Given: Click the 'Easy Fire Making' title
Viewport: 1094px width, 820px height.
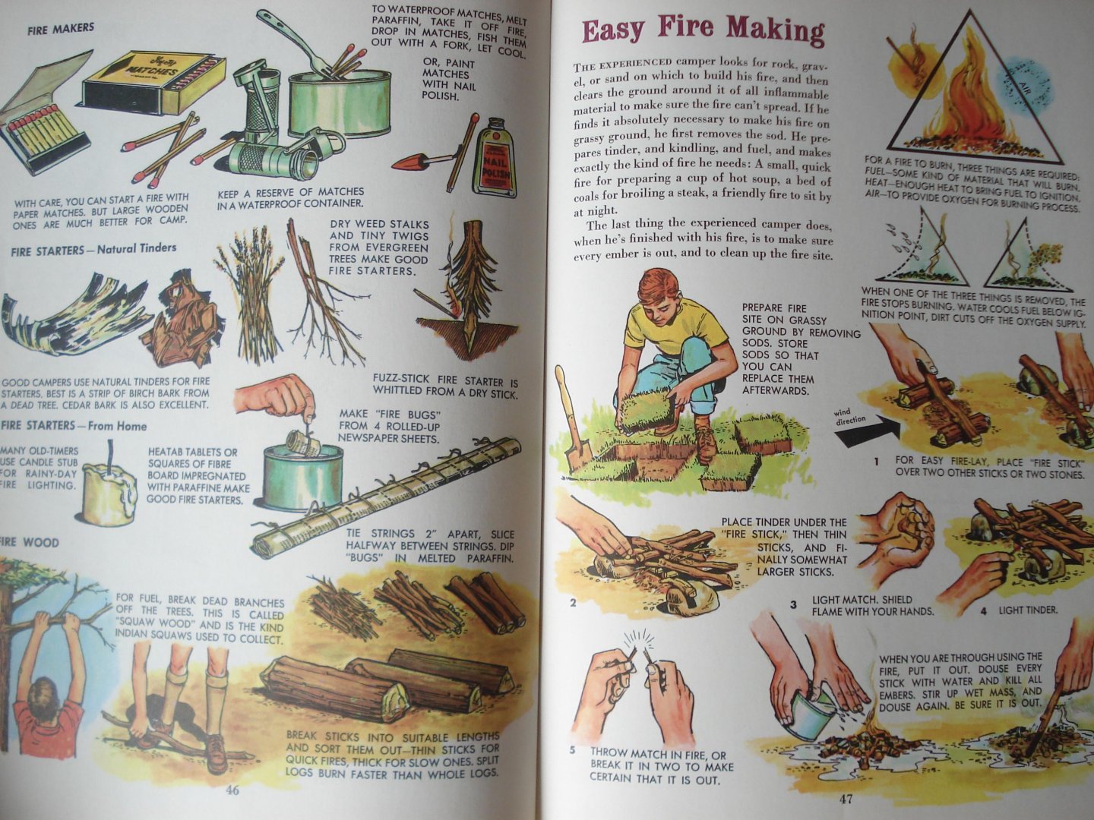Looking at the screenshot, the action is pos(703,31).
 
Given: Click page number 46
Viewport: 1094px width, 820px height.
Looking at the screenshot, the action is pos(232,790).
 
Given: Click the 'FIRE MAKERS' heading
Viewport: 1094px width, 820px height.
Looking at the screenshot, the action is pos(61,29).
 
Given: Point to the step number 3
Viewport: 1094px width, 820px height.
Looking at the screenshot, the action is pos(794,604).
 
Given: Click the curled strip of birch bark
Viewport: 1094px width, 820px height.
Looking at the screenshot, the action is pos(65,314).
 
